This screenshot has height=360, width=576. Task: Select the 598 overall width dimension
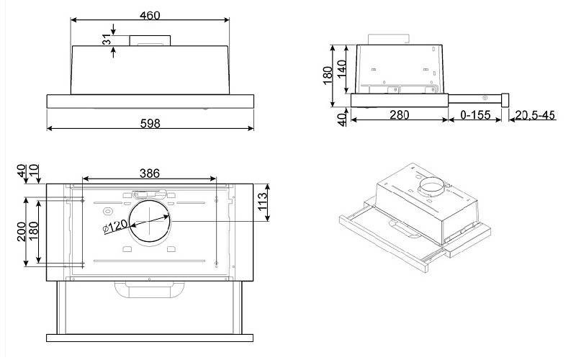coord(149,123)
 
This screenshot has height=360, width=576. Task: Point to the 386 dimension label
coord(149,174)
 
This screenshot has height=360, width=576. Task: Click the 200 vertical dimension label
coord(22,230)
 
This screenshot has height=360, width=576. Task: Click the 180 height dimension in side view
coord(328,73)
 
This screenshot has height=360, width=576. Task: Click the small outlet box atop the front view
coord(150,40)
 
